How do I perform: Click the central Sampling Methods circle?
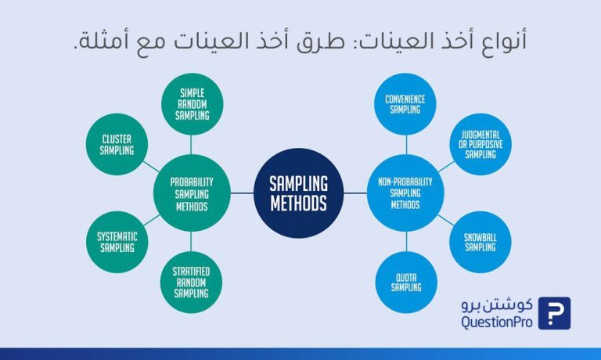click(299, 193)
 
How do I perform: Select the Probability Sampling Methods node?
click(192, 193)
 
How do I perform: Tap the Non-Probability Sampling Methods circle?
click(405, 193)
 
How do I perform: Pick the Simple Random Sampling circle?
click(192, 104)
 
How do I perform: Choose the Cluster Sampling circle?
click(117, 144)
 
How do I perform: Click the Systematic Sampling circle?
click(117, 242)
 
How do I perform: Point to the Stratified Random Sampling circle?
click(191, 283)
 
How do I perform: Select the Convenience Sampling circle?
click(405, 104)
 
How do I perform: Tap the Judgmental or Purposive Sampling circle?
click(480, 144)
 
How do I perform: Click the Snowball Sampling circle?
click(480, 242)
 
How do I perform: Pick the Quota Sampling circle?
click(406, 283)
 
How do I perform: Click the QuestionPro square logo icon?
click(554, 313)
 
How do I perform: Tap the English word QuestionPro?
click(497, 322)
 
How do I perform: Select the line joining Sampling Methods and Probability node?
click(243, 193)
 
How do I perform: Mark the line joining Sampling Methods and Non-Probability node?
click(355, 193)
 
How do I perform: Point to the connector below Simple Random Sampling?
click(191, 145)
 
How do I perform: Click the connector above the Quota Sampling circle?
click(406, 242)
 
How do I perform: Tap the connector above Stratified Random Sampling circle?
click(191, 242)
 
